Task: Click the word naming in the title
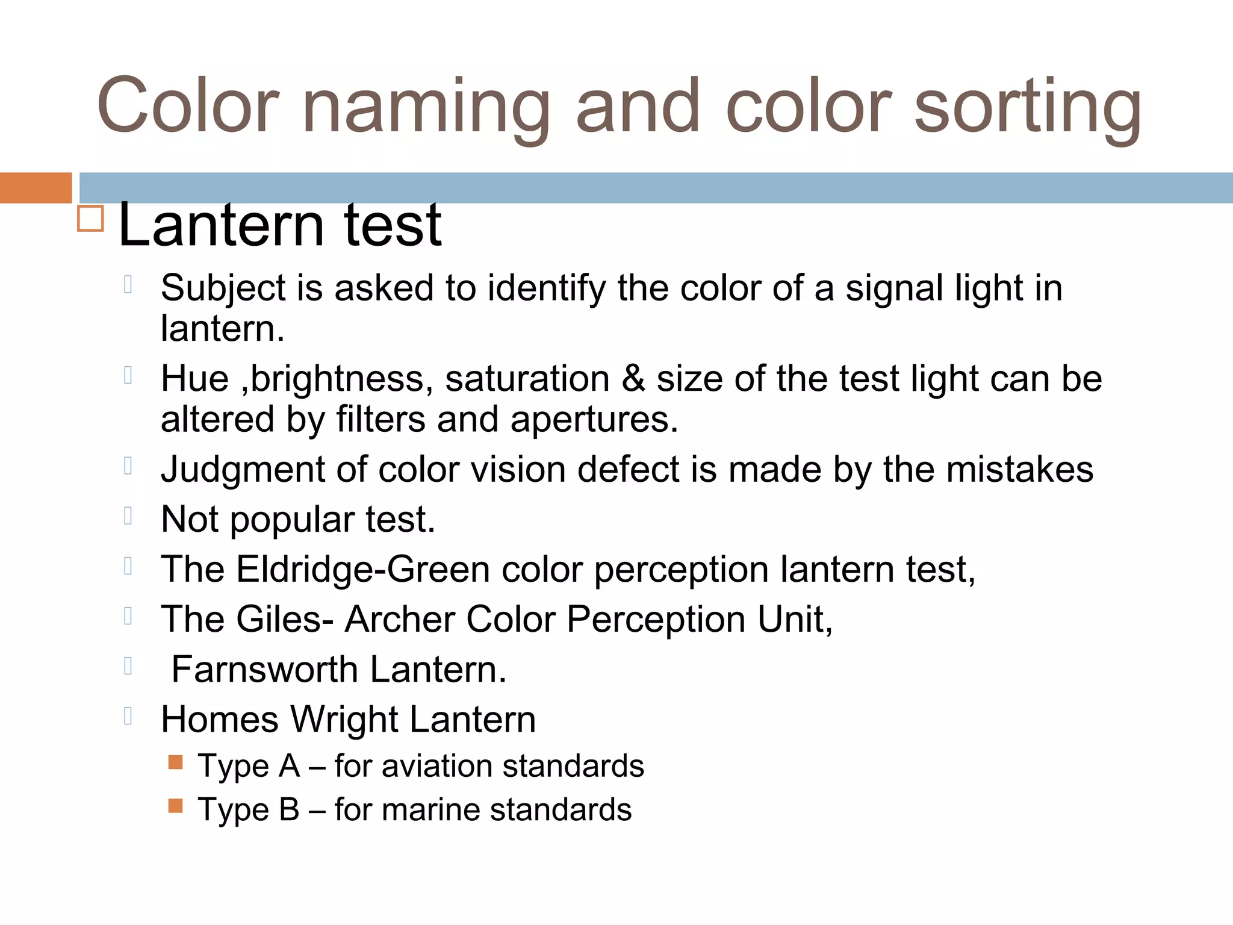(426, 107)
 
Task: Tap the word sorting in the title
(1027, 107)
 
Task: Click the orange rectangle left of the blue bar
(36, 187)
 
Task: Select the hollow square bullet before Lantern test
(91, 218)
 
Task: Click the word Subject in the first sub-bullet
(223, 288)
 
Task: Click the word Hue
(194, 379)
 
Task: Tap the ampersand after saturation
(633, 379)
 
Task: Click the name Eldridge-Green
(363, 569)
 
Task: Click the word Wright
(344, 719)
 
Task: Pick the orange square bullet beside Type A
(175, 762)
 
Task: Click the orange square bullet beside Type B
(175, 806)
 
